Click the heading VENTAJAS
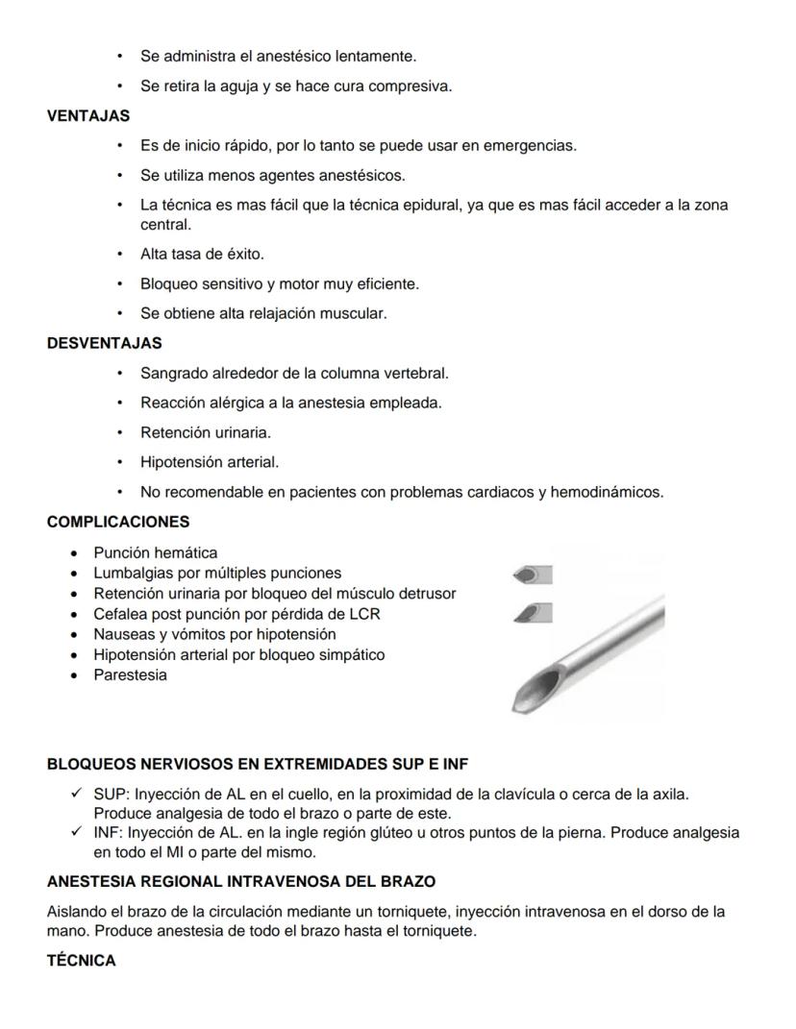(88, 115)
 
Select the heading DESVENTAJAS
(104, 342)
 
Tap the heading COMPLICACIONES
(118, 522)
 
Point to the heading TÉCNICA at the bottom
(81, 961)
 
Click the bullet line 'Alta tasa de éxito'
(202, 255)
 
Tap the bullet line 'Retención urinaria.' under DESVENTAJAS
(206, 432)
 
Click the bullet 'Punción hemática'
(155, 552)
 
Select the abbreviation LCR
(365, 614)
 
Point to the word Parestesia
(130, 674)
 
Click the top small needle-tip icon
(533, 575)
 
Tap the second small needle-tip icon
(533, 611)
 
